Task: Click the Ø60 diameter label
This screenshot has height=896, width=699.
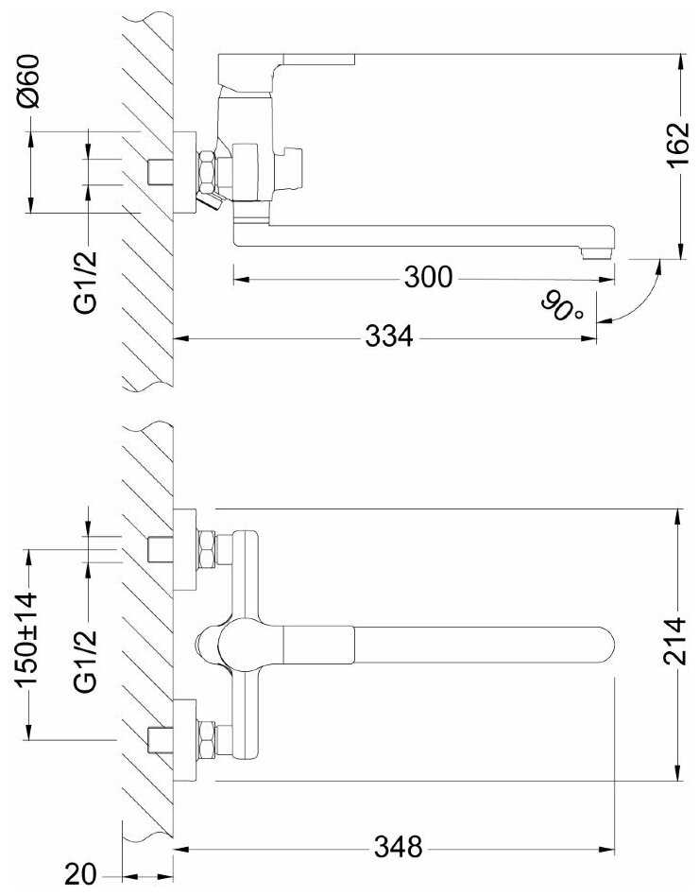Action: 28,81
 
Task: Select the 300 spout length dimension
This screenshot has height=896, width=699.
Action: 428,278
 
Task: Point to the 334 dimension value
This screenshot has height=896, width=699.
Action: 389,337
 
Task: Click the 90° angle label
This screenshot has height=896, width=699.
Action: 562,306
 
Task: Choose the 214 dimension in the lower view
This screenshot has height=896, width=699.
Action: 675,641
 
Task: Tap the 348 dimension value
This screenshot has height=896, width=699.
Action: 398,847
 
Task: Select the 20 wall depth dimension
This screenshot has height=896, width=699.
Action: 80,875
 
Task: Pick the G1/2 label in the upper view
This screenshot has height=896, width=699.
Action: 86,283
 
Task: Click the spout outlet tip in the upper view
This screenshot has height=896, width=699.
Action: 597,252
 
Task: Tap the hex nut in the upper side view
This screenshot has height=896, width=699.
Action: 207,170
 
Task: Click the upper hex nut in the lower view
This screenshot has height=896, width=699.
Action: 207,550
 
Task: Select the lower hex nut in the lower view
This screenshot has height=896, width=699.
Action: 207,741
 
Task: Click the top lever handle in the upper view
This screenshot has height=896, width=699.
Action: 286,60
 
